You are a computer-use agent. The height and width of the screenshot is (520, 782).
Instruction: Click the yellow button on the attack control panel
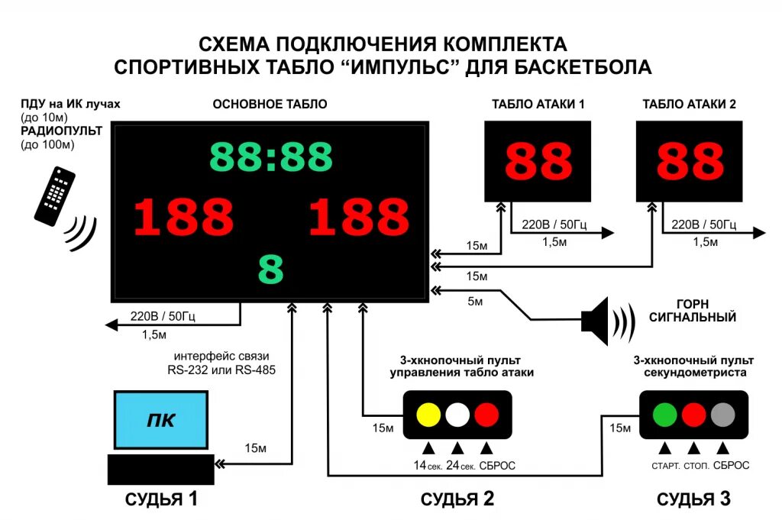428,415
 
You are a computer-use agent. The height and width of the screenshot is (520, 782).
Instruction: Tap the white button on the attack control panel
457,415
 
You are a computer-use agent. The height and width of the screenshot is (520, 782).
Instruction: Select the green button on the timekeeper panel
664,415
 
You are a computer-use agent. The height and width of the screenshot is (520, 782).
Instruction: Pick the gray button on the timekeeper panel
722,415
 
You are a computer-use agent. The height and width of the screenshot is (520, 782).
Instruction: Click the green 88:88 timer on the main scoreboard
271,157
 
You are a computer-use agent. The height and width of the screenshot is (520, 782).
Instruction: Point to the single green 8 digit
271,269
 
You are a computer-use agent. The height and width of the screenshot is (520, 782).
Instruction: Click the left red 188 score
183,217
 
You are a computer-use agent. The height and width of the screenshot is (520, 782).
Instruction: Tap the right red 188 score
358,217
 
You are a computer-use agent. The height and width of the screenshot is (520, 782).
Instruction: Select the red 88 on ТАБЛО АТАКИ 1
538,161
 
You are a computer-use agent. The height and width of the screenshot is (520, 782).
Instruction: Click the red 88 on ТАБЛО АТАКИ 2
690,161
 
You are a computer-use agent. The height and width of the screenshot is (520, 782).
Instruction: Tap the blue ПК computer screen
161,419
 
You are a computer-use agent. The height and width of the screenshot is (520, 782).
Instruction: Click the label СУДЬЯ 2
457,499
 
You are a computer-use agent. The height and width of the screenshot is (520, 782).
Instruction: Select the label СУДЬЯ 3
694,499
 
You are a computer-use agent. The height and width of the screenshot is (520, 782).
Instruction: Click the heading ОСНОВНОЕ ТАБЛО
270,105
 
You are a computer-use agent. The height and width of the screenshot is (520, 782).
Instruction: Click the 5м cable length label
474,302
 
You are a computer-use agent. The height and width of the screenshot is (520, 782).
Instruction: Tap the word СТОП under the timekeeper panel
695,466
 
